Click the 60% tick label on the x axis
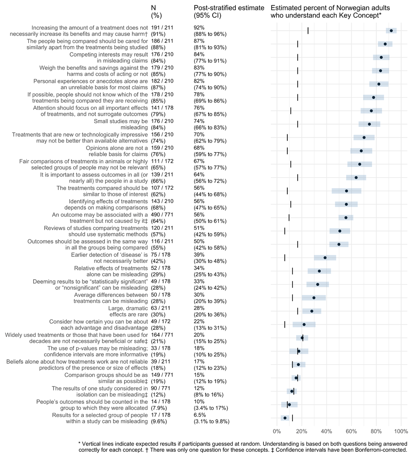(x=351, y=432)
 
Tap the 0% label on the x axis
(x=277, y=432)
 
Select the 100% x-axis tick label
(x=401, y=432)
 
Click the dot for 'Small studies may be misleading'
(x=369, y=124)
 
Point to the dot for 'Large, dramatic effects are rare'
(x=312, y=311)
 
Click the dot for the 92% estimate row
(x=391, y=31)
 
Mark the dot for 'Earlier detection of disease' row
(x=325, y=258)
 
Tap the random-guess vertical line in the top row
(x=308, y=31)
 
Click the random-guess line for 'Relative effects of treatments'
(x=292, y=271)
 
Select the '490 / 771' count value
(x=162, y=215)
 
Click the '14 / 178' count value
(x=161, y=402)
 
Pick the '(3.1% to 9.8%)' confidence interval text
(x=211, y=422)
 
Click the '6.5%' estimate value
(x=200, y=415)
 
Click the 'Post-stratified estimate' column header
(x=229, y=8)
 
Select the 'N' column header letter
(x=154, y=8)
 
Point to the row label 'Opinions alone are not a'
(x=117, y=148)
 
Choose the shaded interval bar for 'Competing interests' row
(x=381, y=57)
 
